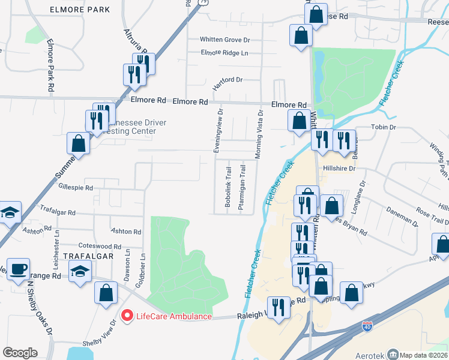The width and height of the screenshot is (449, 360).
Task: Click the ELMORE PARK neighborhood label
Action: tap(80, 10)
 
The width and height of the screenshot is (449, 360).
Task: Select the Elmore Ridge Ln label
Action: tap(224, 53)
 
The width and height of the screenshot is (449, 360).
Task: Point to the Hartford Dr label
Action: tap(228, 81)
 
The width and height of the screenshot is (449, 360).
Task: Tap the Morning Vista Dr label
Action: tap(260, 134)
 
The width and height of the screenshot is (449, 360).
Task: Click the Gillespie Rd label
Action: tap(76, 188)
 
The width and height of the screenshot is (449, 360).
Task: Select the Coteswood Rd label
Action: tap(100, 245)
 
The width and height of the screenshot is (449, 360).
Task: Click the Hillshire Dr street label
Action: tap(340, 169)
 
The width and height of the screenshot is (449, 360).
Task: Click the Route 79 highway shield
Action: tap(188, 2)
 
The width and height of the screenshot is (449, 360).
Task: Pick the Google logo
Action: tap(20, 353)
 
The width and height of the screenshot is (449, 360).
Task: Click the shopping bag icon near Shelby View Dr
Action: tap(106, 293)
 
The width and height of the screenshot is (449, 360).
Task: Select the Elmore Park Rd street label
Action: tap(50, 67)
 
